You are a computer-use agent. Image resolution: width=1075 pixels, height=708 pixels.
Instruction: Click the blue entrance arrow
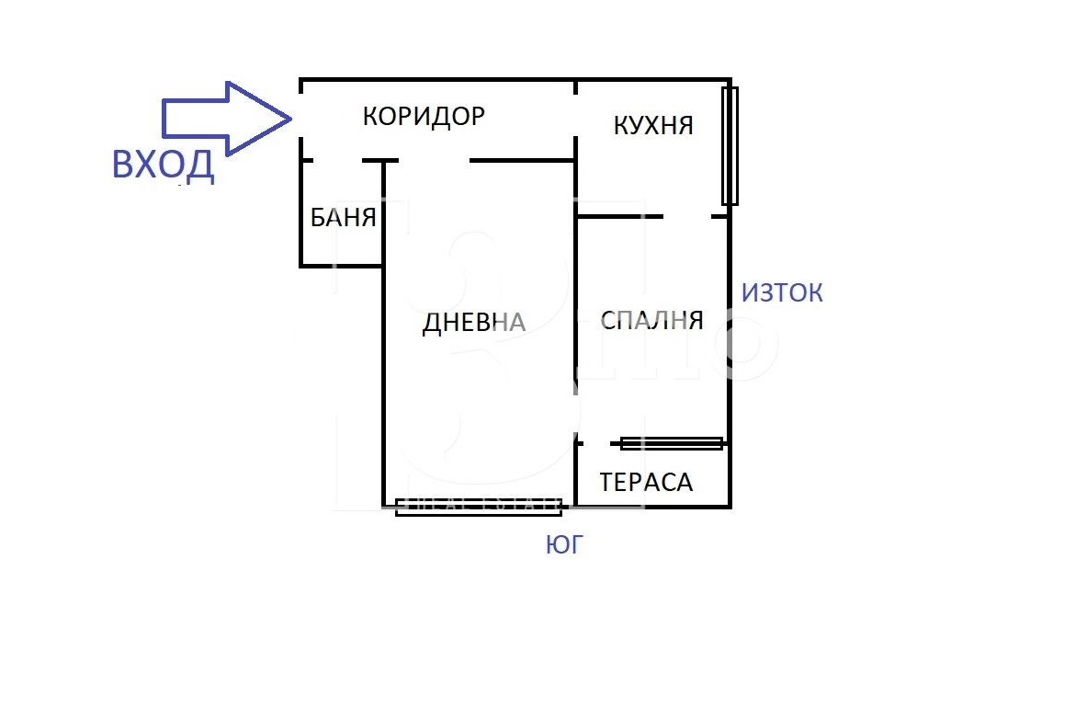coord(226,119)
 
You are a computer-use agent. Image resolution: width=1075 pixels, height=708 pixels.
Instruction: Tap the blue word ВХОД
coord(164,165)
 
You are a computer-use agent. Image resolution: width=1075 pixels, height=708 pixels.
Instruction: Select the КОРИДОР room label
coord(424,116)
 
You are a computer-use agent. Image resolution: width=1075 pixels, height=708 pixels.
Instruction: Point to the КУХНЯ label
coord(652,125)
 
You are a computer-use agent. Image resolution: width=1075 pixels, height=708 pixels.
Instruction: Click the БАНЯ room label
coord(343,218)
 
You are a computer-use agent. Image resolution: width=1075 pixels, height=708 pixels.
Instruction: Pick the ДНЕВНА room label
coord(474,322)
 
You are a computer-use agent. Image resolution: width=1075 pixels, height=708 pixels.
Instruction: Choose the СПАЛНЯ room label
coord(651,320)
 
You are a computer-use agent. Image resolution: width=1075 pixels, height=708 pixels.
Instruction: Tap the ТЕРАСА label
coord(646,483)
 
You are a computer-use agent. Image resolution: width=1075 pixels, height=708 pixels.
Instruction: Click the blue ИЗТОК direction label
coord(782,293)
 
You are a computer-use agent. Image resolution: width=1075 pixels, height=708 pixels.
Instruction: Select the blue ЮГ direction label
coord(563,544)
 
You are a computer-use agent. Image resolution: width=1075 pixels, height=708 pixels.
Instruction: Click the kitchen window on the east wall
coord(730,145)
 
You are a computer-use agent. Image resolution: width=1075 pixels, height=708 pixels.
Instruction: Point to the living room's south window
coord(480,507)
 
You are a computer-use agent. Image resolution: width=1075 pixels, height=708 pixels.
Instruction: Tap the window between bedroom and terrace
coord(672,444)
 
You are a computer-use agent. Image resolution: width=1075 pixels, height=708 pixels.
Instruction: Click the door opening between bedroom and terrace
coord(596,444)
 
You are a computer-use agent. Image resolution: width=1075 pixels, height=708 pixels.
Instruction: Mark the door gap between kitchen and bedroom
coord(687,217)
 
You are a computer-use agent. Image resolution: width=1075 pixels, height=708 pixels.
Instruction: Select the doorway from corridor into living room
coord(434,161)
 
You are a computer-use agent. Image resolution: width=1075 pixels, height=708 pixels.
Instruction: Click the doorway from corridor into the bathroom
coord(337,161)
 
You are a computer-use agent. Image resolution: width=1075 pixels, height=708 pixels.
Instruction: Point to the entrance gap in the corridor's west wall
coord(301,115)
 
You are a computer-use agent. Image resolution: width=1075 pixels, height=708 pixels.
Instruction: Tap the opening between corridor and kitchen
coord(576,115)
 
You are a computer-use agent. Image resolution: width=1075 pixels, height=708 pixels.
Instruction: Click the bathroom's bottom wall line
coord(341,266)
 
